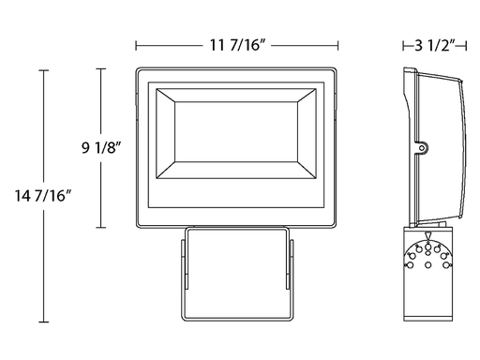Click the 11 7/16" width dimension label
pyautogui.click(x=237, y=45)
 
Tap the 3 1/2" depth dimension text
pyautogui.click(x=435, y=46)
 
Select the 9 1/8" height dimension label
pyautogui.click(x=101, y=147)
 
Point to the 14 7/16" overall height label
pyautogui.click(x=43, y=196)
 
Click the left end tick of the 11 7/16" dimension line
pyautogui.click(x=136, y=46)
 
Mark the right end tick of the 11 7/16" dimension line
pyautogui.click(x=337, y=46)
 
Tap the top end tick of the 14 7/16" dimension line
pyautogui.click(x=43, y=70)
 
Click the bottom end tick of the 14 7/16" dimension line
pyautogui.click(x=43, y=322)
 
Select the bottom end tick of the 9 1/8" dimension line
pyautogui.click(x=100, y=227)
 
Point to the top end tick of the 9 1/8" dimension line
pyautogui.click(x=100, y=68)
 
